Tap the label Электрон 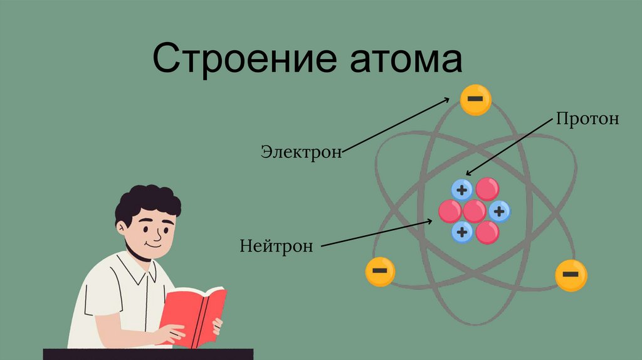click(x=302, y=151)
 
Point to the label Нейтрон click(x=275, y=245)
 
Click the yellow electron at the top click(x=476, y=100)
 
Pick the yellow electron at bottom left click(x=380, y=272)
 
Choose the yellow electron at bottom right click(x=571, y=275)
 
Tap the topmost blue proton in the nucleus click(x=462, y=190)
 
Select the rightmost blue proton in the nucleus click(x=499, y=211)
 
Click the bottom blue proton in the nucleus click(x=462, y=232)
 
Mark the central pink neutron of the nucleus click(x=475, y=211)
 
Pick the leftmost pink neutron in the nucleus click(x=450, y=211)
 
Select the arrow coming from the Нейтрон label click(x=376, y=233)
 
